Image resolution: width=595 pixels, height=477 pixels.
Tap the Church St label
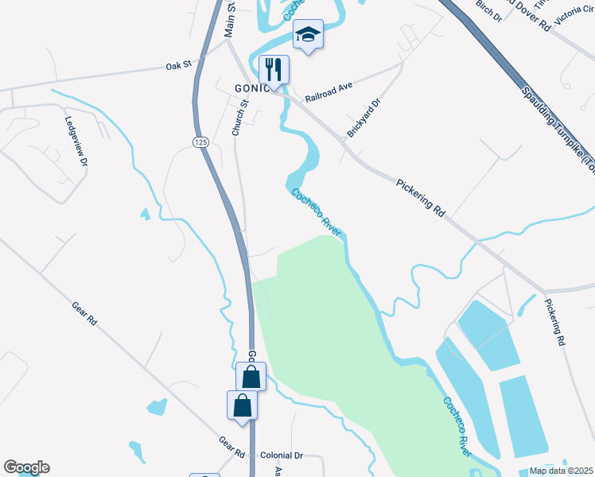237,117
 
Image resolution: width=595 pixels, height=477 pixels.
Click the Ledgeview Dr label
76,141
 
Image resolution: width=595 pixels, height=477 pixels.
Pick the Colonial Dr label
282,456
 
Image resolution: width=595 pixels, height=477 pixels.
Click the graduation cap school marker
308,34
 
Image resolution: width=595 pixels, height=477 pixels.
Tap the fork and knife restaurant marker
274,69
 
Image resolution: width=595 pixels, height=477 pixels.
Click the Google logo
26,467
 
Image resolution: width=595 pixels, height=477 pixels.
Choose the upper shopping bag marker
251,376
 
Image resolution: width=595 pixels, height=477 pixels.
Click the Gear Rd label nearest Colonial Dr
231,447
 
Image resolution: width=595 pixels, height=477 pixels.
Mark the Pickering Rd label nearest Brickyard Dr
420,198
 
